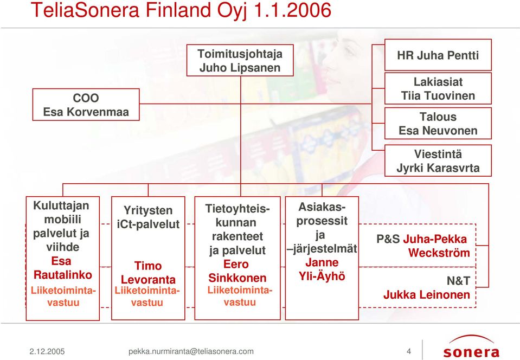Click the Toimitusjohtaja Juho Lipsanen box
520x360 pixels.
tap(240, 60)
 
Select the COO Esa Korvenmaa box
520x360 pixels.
tap(86, 105)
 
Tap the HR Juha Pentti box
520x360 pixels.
tap(438, 55)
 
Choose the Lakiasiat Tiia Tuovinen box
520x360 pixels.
tap(438, 88)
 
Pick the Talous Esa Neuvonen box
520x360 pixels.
tap(438, 123)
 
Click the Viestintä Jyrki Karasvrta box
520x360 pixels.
tap(438, 161)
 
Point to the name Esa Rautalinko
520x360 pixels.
tap(63, 268)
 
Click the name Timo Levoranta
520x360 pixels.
tap(148, 273)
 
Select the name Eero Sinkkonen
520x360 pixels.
tap(237, 271)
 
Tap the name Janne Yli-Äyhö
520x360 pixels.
tap(322, 269)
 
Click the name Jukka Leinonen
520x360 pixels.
tap(427, 295)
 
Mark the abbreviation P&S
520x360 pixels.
tap(388, 239)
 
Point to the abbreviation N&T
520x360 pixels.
tap(458, 281)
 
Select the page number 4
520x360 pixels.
tap(409, 351)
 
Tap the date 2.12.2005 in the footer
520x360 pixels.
tap(47, 351)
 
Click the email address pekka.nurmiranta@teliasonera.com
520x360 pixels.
tap(191, 351)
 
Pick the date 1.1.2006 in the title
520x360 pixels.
tap(292, 10)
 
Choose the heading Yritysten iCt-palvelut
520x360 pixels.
tap(148, 217)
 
